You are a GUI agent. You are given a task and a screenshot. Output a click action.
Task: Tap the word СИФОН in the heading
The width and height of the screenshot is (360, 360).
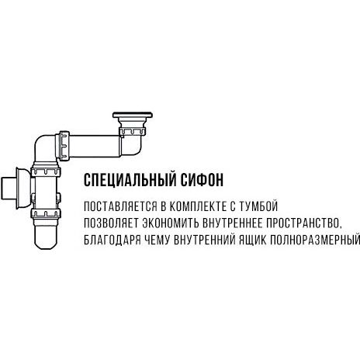point(202,180)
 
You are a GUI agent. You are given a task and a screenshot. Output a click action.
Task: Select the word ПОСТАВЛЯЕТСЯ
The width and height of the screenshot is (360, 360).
point(120,206)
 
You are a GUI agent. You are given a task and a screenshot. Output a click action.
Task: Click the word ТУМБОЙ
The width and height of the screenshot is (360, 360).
point(258,206)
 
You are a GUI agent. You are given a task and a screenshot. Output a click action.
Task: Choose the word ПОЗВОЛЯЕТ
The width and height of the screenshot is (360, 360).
point(112,223)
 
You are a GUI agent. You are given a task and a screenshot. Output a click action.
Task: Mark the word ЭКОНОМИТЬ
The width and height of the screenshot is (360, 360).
point(171,223)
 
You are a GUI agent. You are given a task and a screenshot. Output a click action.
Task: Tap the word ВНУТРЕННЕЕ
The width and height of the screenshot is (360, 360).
point(233,223)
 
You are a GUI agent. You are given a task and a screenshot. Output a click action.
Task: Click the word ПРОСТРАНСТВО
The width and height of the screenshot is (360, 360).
point(303,223)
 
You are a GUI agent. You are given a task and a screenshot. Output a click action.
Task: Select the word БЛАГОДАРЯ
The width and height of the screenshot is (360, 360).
point(112,241)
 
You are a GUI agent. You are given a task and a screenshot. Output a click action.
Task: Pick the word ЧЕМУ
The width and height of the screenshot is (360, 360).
point(157,241)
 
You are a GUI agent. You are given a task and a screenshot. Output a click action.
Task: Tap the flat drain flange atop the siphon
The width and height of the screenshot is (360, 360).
point(133,115)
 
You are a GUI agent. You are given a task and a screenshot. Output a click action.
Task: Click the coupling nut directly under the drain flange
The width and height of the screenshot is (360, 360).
point(133,131)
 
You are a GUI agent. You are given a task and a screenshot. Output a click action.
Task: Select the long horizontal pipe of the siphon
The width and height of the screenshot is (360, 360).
point(95,146)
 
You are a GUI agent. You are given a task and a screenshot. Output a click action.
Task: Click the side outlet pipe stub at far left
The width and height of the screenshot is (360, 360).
point(9,189)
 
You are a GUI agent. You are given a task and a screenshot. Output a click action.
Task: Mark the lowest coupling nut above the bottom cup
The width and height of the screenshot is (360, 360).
point(46,213)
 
